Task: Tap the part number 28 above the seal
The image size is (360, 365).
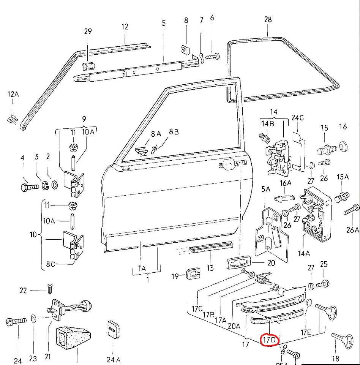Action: coord(268,19)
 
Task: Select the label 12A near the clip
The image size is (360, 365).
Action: coord(13,94)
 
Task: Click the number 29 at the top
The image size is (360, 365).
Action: coord(88,32)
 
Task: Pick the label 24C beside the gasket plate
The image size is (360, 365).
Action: coord(297,117)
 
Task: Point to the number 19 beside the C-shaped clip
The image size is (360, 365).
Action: coord(175,276)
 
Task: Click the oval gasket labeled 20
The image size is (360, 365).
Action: coord(239,263)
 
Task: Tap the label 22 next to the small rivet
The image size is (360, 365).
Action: coord(24,290)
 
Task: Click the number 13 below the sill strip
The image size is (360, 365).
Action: coord(210,268)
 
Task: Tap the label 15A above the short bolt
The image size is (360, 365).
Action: coord(343,177)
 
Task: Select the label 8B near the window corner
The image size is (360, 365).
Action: coord(174,131)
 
